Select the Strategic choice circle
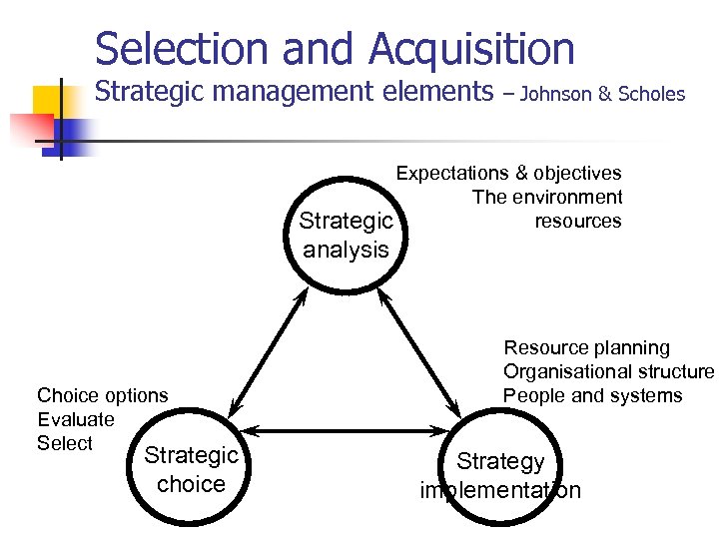(x=191, y=470)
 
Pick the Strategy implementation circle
(x=500, y=475)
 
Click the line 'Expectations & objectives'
(x=508, y=174)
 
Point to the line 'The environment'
(x=546, y=198)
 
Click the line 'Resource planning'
(x=586, y=348)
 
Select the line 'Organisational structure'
(x=608, y=372)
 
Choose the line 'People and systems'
(x=592, y=396)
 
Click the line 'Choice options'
(x=102, y=395)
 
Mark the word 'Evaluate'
(x=76, y=419)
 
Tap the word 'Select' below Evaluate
(x=65, y=443)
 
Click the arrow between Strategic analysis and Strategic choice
(x=267, y=354)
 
